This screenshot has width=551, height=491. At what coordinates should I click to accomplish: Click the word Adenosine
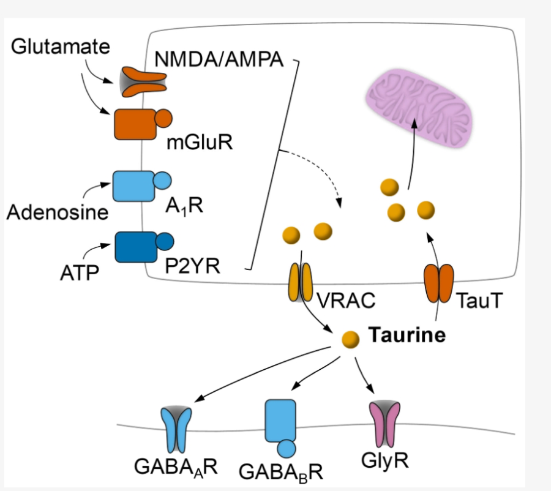[57, 212]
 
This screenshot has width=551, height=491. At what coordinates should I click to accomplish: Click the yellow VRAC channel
[300, 282]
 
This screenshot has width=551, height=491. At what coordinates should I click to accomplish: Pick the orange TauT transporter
[439, 282]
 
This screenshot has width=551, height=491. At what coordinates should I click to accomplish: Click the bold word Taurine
[407, 335]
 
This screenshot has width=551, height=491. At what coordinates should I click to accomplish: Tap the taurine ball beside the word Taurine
[351, 339]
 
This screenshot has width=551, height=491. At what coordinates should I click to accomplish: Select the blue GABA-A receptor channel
[176, 429]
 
